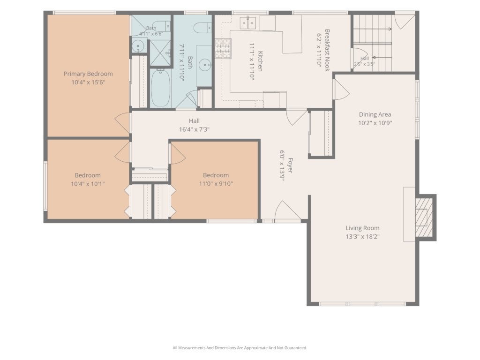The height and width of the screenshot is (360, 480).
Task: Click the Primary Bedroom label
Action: coord(88,74)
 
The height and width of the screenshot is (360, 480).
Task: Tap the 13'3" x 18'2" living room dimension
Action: coord(362,237)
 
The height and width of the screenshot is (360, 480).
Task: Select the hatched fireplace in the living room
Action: coord(424,217)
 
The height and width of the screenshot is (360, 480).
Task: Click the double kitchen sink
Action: coord(247,22)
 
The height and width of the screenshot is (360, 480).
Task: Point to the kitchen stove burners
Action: coord(223,48)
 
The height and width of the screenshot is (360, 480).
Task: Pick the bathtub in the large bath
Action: coord(160,88)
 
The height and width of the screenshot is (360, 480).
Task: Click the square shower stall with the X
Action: coord(160,52)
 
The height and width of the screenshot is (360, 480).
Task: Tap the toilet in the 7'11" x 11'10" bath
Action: coord(202,28)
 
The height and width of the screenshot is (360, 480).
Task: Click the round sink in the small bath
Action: coord(138,46)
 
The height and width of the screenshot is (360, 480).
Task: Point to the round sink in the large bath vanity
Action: coord(205,65)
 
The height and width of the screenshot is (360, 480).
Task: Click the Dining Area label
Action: coord(375,114)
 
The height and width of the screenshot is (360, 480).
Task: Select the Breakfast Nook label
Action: coord(327,50)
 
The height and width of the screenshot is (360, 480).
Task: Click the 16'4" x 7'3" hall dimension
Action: coord(194,129)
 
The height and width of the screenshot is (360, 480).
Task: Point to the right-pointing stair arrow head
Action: coord(390,29)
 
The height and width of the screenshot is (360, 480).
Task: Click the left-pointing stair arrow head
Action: coord(374,57)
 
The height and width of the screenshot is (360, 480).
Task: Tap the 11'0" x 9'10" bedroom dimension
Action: coord(216,184)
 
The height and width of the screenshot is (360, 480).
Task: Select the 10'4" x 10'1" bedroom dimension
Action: coord(88,184)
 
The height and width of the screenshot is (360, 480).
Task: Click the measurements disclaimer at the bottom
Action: coord(240,348)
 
